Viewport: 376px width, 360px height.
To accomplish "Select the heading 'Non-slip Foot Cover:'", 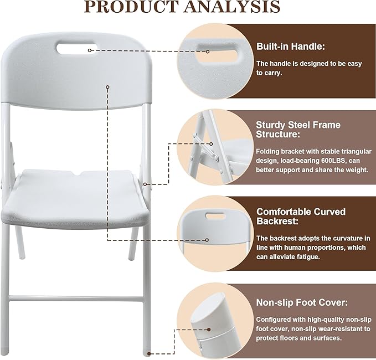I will point(302,302).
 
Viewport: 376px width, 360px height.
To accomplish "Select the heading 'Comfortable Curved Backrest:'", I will point(301,217).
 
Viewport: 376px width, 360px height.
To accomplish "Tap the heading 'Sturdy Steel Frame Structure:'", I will point(298,130).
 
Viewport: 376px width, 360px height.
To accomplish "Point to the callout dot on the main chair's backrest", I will point(108,86).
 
